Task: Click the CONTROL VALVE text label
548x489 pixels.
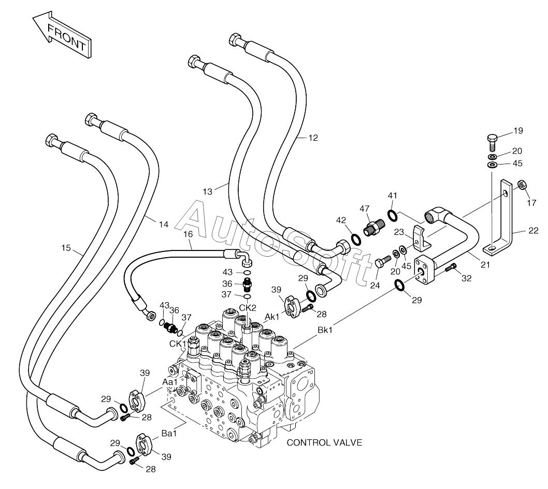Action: tap(324, 442)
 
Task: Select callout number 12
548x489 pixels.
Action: tap(313, 138)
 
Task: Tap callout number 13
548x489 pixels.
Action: tap(208, 191)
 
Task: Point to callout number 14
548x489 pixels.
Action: tap(164, 225)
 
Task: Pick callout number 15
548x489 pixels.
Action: tap(66, 248)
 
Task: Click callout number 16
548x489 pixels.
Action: tap(188, 234)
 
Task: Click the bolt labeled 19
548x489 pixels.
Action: tap(492, 142)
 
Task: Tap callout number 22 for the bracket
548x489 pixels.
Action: tap(533, 231)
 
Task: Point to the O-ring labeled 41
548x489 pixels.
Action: tap(392, 215)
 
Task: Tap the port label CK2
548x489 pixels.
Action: tap(248, 308)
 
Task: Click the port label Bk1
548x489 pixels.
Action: tap(325, 330)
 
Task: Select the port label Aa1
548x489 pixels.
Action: tap(170, 382)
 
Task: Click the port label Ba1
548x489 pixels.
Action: tap(169, 434)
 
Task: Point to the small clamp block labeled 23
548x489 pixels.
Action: tap(422, 239)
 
